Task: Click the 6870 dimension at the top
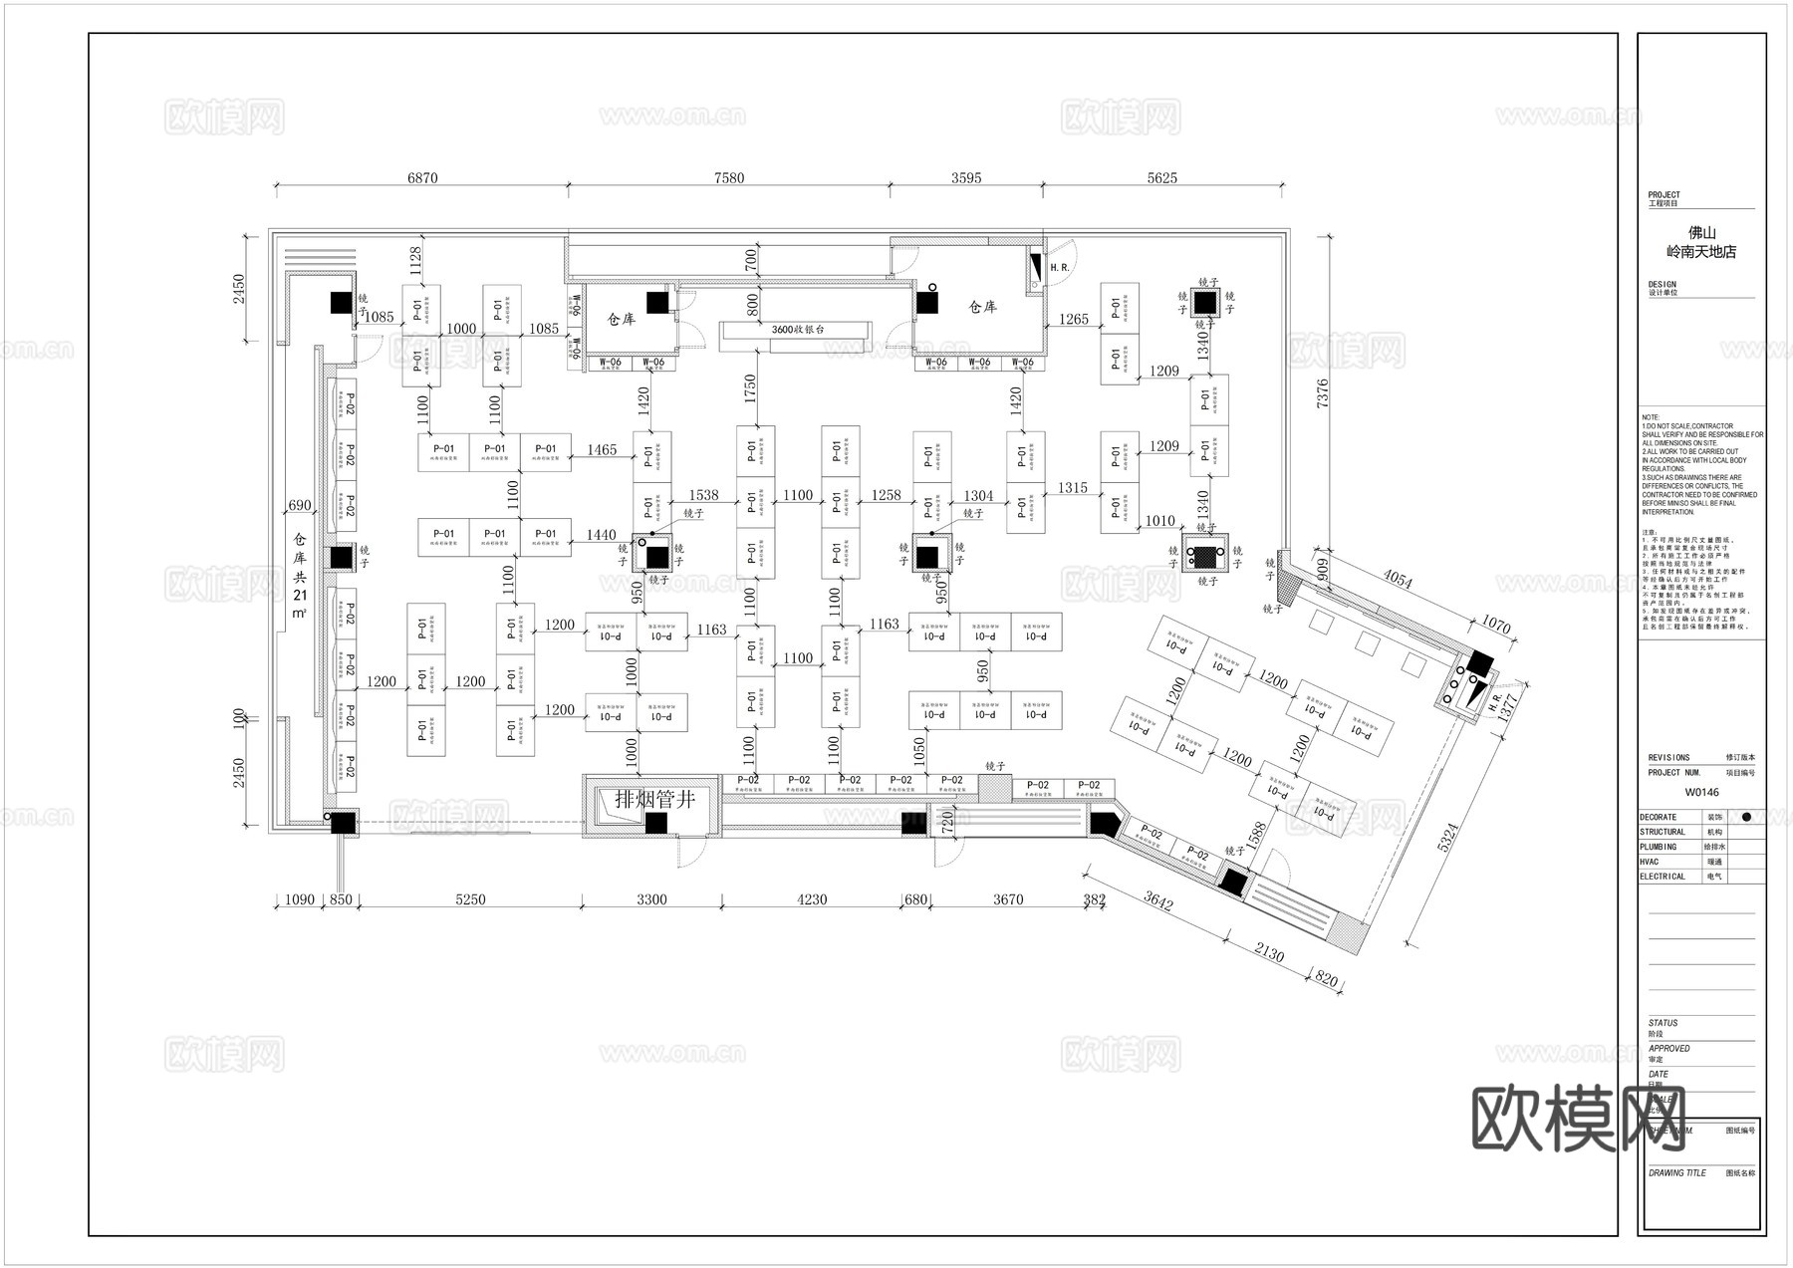(x=422, y=178)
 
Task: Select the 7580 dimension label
(x=729, y=178)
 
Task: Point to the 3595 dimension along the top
(x=966, y=178)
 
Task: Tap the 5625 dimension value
(x=1161, y=178)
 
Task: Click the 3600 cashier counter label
(x=798, y=329)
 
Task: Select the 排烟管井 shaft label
(x=654, y=799)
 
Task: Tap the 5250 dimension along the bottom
(x=470, y=899)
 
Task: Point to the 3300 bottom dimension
(x=651, y=899)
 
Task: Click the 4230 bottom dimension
(x=812, y=899)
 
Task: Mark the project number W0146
(x=1701, y=793)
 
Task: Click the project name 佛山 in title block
(x=1701, y=233)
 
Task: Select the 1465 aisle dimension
(x=602, y=450)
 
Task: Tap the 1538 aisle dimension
(x=703, y=495)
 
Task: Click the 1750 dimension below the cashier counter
(x=750, y=388)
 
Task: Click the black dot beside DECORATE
(x=1745, y=817)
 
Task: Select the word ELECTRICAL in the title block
(x=1663, y=877)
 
